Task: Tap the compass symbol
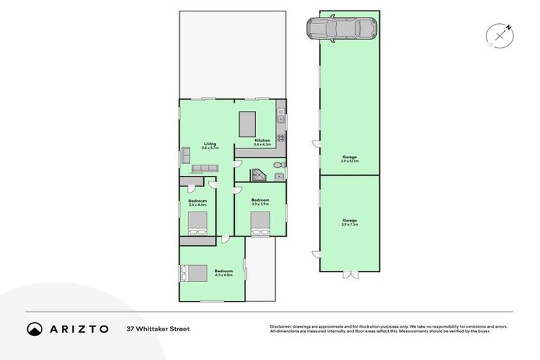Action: (x=500, y=34)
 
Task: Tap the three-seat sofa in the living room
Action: (x=205, y=169)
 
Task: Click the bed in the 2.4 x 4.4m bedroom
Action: (x=198, y=224)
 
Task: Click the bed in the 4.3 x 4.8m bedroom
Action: (x=194, y=273)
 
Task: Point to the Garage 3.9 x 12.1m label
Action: (x=349, y=159)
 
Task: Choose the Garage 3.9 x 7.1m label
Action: (x=349, y=223)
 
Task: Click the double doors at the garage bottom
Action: (x=349, y=271)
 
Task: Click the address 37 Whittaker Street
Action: (x=158, y=328)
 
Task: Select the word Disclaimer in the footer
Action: (x=280, y=326)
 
